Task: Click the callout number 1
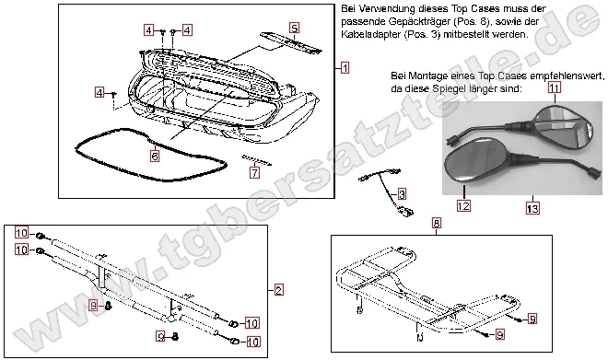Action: coord(344,68)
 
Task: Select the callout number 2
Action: coord(277,289)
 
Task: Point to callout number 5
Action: coord(294,29)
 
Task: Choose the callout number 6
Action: coord(155,157)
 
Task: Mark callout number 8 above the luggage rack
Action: coord(436,223)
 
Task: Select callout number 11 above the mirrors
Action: coord(554,87)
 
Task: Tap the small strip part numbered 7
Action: coord(255,160)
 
